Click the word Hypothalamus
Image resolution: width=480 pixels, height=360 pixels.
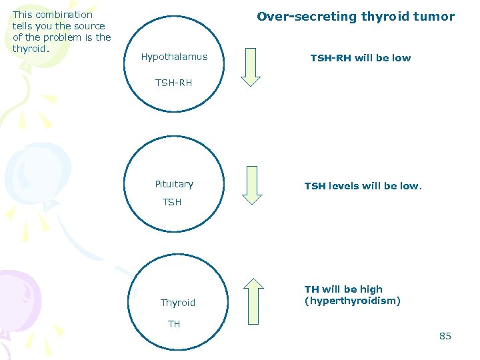click(174, 57)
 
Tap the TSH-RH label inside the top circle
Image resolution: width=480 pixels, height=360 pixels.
click(173, 83)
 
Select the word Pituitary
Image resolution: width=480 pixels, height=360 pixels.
click(174, 184)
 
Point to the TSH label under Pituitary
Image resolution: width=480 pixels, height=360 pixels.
click(172, 202)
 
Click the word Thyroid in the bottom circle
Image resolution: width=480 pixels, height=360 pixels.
click(178, 303)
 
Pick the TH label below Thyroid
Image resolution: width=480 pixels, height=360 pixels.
click(174, 324)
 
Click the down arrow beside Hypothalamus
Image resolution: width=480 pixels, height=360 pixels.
click(251, 67)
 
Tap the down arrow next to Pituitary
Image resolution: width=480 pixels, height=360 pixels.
click(252, 184)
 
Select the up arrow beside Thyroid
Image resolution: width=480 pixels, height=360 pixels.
click(253, 300)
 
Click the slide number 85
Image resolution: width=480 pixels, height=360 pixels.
click(445, 336)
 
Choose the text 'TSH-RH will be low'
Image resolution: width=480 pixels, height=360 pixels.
click(361, 58)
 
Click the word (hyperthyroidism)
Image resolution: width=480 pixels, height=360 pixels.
click(353, 301)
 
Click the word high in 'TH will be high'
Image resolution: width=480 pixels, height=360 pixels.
click(371, 289)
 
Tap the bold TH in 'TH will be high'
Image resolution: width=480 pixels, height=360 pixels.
click(311, 289)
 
